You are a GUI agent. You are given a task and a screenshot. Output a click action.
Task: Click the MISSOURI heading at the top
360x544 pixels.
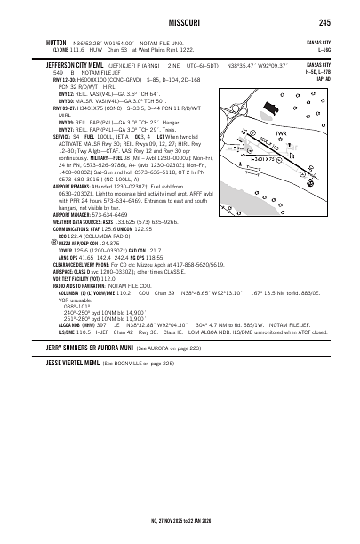(180, 22)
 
